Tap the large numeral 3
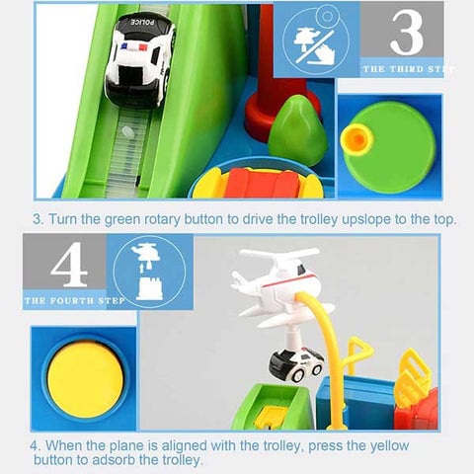pyautogui.click(x=407, y=32)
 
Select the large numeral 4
pyautogui.click(x=69, y=264)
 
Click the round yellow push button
pyautogui.click(x=86, y=379)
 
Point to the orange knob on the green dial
pyautogui.click(x=356, y=139)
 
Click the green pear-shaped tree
pyautogui.click(x=297, y=130)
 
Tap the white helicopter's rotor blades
pyautogui.click(x=279, y=254)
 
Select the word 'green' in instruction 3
pyautogui.click(x=122, y=219)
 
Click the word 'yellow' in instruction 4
pyautogui.click(x=389, y=445)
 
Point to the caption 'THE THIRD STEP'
pyautogui.click(x=409, y=69)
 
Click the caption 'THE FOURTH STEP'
pyautogui.click(x=74, y=300)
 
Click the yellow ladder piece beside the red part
pyautogui.click(x=414, y=375)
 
